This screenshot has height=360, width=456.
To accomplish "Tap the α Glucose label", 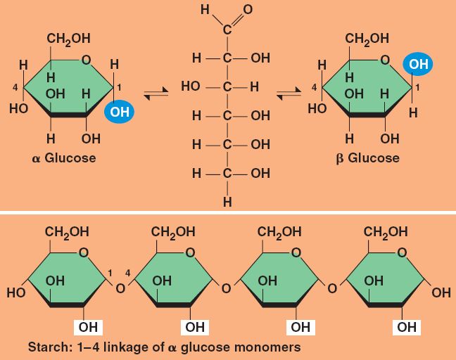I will click(65, 157).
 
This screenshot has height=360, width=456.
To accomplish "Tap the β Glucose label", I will click(367, 157).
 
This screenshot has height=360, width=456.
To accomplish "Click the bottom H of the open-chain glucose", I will click(227, 202).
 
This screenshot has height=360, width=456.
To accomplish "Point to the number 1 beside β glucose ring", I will click(418, 87).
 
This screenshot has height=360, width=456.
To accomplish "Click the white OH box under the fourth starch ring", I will click(407, 327).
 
